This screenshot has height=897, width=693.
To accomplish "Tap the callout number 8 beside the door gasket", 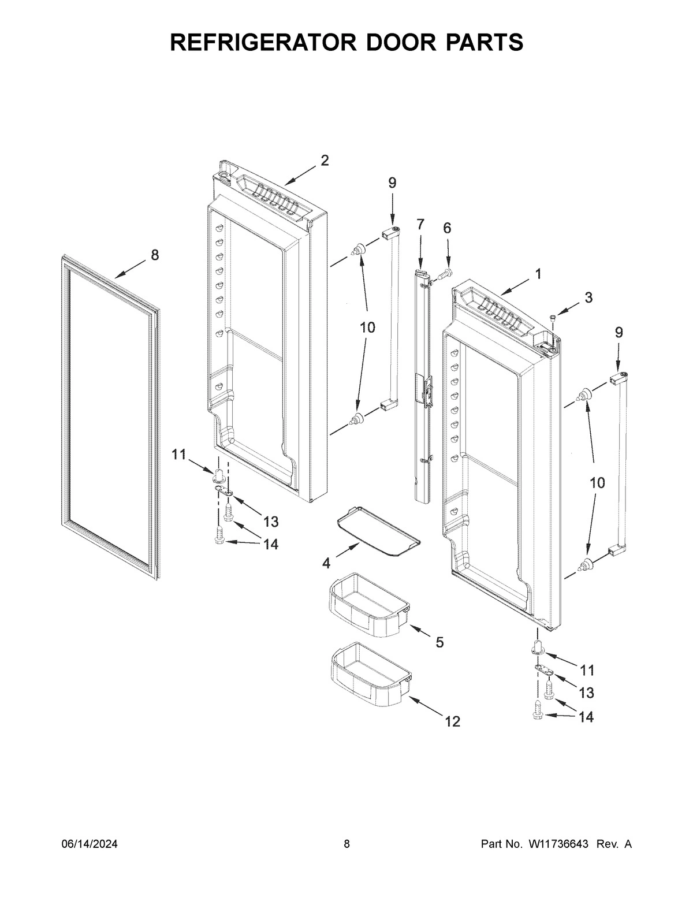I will (155, 255).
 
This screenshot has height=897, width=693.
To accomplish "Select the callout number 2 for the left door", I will (325, 161).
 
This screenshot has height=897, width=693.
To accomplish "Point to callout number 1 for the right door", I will (538, 274).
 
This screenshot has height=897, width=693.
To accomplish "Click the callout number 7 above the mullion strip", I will (420, 224).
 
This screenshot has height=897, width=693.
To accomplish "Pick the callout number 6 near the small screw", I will (447, 228).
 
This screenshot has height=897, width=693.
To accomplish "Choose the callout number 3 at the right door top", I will (588, 297).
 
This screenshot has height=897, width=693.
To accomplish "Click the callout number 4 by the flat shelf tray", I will (326, 562).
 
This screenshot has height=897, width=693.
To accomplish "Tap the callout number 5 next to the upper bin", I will (439, 642).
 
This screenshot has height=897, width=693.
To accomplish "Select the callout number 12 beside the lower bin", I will (452, 721).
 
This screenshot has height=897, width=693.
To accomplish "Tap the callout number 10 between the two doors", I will (367, 327).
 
